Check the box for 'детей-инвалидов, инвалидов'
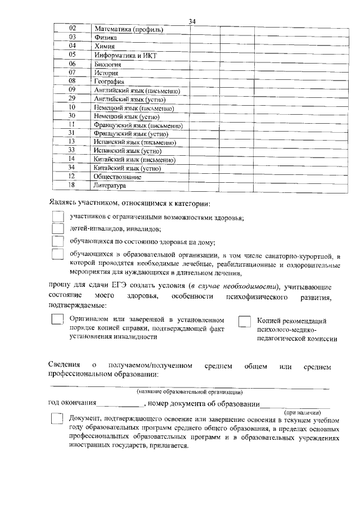(x=57, y=229)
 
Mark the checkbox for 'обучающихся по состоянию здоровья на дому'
(x=57, y=242)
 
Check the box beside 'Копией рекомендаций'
(x=245, y=321)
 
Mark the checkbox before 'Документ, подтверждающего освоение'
(x=57, y=420)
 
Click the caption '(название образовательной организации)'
(x=190, y=391)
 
